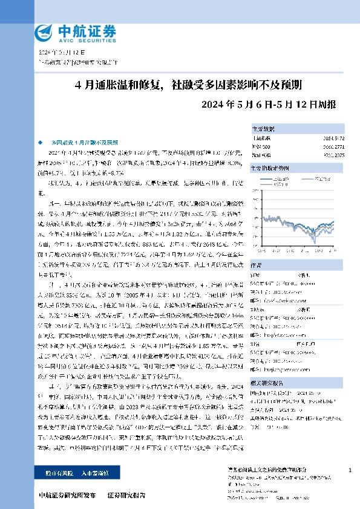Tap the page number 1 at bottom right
click(x=350, y=470)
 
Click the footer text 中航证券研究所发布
click(x=67, y=495)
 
